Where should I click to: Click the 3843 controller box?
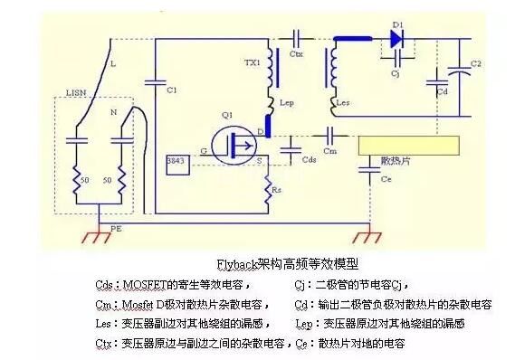pos(176,161)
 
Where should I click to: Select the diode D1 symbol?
pos(396,38)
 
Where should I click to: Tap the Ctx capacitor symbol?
pos(296,38)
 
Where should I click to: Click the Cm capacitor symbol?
pos(328,133)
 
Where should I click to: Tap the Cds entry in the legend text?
pos(104,284)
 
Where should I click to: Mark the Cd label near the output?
pos(442,90)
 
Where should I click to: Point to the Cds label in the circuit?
pos(309,159)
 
